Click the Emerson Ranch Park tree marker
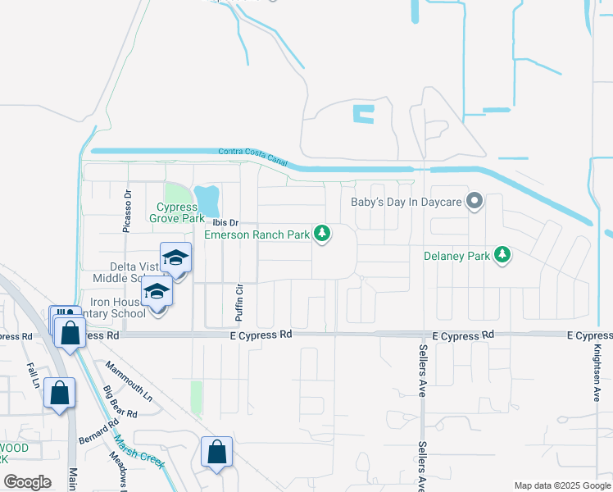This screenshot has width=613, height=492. (x=324, y=235)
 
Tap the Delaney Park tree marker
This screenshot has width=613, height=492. (x=502, y=256)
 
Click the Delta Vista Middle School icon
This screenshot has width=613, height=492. (x=175, y=260)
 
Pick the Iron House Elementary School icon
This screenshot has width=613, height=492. (x=157, y=293)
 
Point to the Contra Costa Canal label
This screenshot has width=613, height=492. (x=253, y=157)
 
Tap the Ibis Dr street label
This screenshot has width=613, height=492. (x=225, y=223)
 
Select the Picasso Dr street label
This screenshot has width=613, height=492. (x=128, y=212)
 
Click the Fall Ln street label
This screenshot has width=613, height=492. (x=33, y=374)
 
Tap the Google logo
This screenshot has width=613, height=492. (x=27, y=482)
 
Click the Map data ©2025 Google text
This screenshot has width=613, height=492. (x=561, y=485)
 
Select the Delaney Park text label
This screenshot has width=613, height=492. (x=456, y=256)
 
